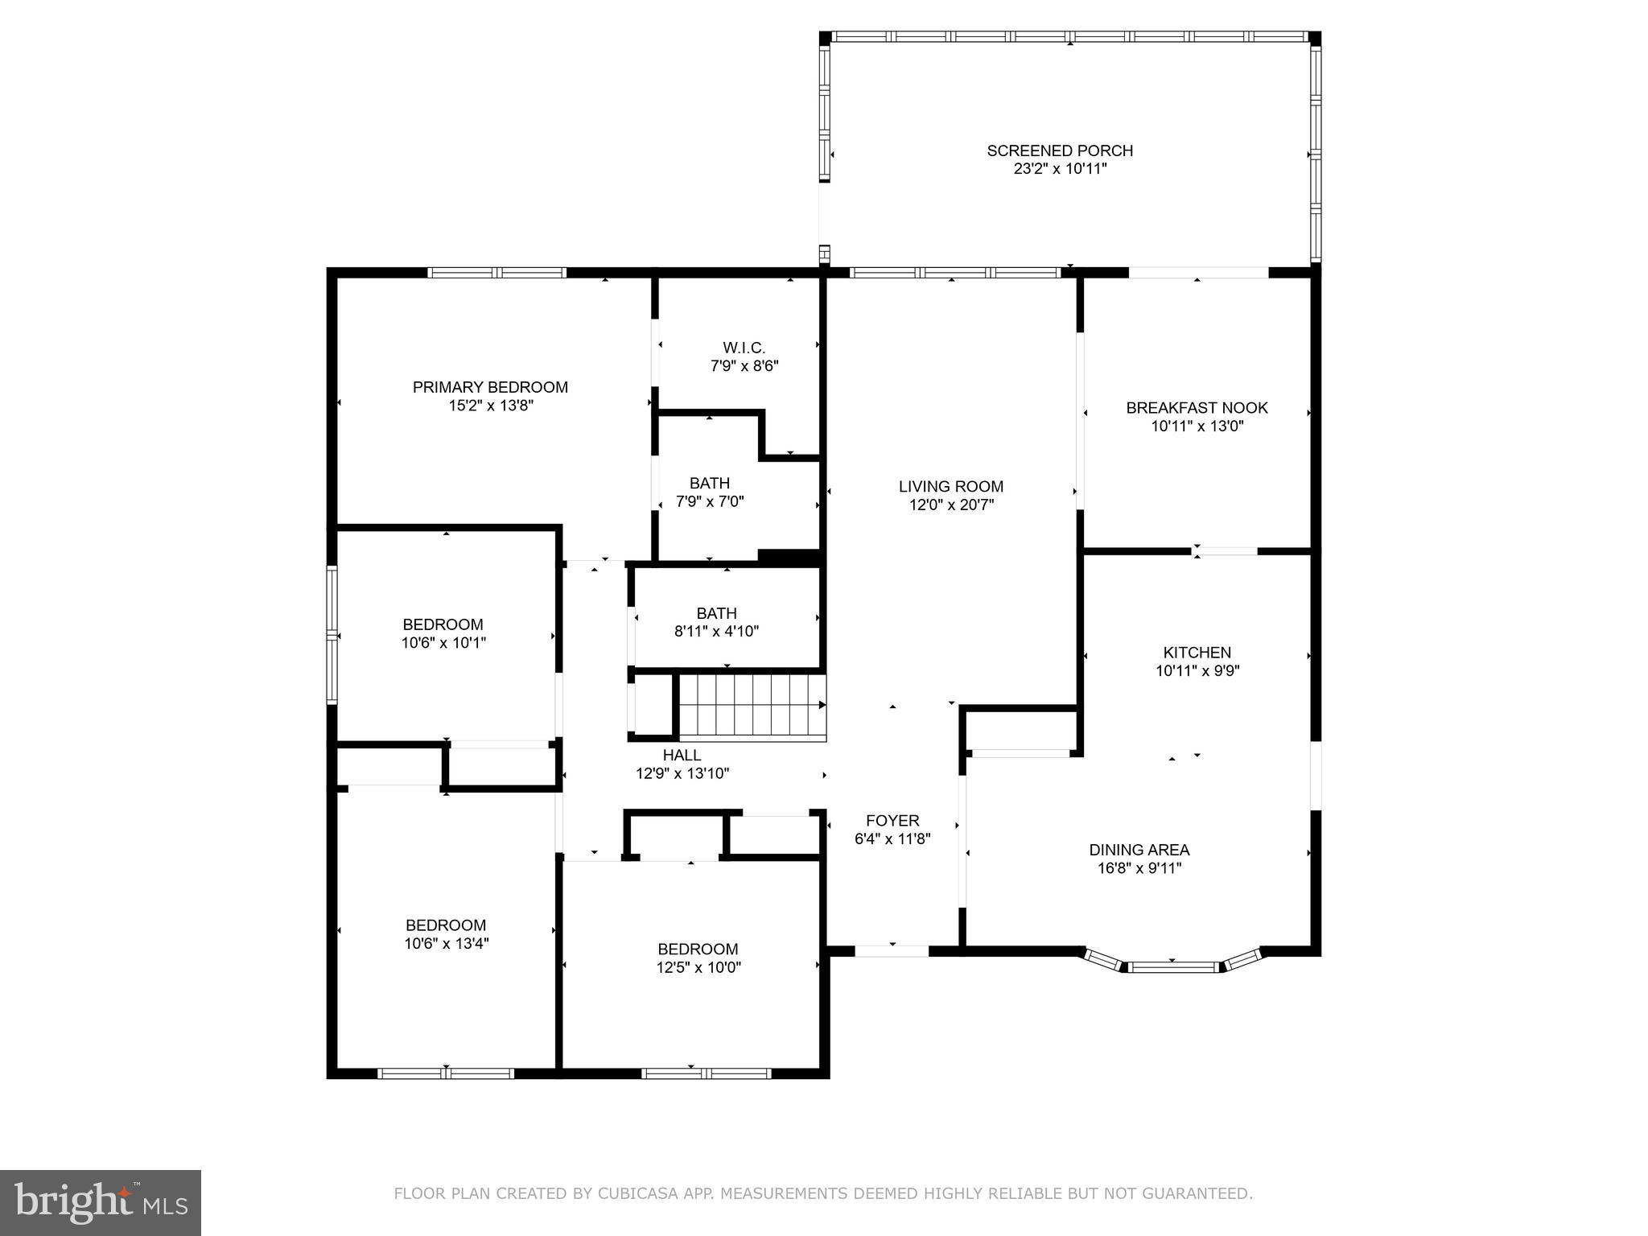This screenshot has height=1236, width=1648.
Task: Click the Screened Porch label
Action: (1060, 150)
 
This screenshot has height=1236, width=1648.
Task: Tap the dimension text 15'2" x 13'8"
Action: (491, 406)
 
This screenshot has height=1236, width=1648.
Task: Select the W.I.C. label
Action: (744, 348)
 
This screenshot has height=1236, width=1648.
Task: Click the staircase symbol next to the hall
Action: (752, 706)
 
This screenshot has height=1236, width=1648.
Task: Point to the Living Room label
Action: (950, 486)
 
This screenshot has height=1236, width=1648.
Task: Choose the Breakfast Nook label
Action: (1197, 408)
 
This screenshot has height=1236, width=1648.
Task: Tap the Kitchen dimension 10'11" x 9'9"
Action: (1197, 671)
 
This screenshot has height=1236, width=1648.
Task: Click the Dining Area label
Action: (1139, 850)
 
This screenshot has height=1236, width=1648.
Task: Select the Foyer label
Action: (892, 821)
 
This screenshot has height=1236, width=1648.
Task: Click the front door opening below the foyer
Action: (892, 950)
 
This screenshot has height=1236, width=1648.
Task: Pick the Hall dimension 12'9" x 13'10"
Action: (682, 774)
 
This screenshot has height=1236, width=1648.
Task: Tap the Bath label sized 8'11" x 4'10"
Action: (716, 613)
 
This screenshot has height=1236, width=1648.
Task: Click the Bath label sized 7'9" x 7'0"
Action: (710, 483)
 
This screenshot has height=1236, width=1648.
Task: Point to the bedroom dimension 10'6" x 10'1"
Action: (443, 643)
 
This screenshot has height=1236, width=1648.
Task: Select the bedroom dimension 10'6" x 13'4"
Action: (446, 944)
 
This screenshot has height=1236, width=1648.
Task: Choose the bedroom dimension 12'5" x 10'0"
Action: (698, 967)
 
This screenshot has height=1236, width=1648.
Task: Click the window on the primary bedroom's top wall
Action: (496, 273)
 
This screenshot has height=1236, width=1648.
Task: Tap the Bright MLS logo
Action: (101, 1202)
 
